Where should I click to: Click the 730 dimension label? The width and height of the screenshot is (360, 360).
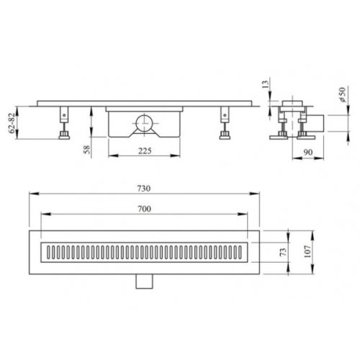(x=144, y=189)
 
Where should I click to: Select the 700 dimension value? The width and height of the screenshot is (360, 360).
(x=144, y=209)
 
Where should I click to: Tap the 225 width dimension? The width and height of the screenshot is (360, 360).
(x=145, y=150)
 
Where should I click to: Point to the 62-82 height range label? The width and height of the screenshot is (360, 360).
(x=12, y=122)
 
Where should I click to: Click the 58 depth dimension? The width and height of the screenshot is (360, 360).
(x=87, y=149)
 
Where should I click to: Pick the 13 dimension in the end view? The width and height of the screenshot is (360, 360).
(x=266, y=84)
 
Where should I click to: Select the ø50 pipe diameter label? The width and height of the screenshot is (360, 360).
(x=343, y=95)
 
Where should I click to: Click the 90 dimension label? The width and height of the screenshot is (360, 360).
(x=308, y=152)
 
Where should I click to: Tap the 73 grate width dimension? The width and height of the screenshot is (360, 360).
(x=284, y=252)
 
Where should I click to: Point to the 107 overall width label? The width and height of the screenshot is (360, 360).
(x=307, y=251)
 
